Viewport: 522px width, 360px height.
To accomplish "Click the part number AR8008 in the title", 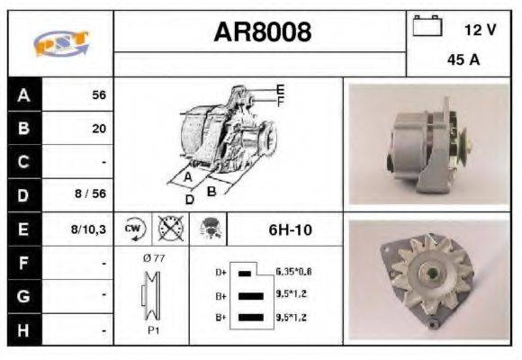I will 262,32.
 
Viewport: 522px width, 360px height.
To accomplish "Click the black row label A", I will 23,94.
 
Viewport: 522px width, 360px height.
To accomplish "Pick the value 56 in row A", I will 98,94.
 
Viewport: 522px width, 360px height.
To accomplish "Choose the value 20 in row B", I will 98,128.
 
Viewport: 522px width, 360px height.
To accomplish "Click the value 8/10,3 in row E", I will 89,229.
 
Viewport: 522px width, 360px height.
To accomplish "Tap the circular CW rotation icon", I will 132,229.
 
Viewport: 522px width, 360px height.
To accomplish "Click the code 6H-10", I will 290,229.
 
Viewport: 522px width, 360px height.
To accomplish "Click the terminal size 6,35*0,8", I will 293,271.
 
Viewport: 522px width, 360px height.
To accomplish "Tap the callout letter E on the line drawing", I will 280,89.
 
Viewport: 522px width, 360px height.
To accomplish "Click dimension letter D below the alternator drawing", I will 189,199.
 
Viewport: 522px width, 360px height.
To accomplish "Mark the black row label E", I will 23,229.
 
